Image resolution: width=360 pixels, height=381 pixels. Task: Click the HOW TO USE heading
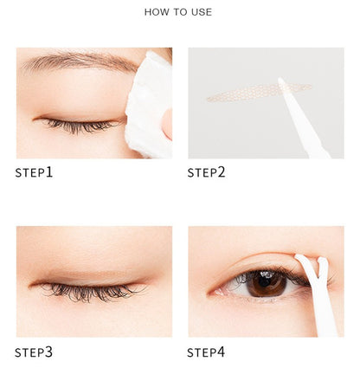pos(178,12)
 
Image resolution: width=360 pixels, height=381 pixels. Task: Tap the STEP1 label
pos(34,172)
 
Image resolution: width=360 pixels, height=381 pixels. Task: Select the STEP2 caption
pos(206,172)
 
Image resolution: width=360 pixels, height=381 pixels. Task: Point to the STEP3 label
pos(34,352)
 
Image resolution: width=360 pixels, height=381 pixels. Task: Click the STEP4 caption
pos(206,352)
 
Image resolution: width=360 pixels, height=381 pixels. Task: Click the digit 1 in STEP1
pos(49,172)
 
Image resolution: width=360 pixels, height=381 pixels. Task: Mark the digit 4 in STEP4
pos(222,352)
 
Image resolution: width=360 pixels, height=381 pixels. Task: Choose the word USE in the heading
pos(201,12)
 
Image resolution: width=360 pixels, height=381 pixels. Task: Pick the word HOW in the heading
pos(156,12)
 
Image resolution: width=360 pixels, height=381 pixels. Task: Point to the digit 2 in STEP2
pos(222,172)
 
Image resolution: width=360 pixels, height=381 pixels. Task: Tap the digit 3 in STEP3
pos(49,352)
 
